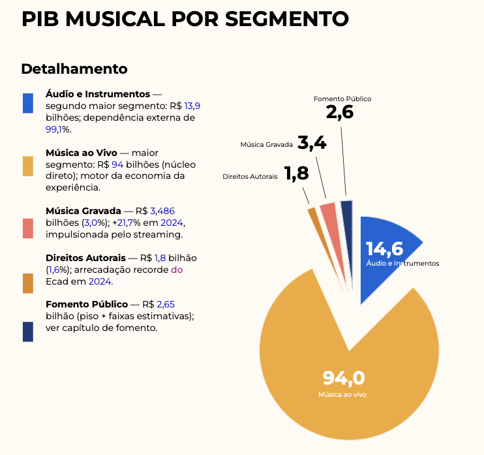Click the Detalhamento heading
[x=74, y=69]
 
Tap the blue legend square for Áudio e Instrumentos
[x=28, y=103]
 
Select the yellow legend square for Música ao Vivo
[x=28, y=166]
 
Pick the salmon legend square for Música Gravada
[x=28, y=228]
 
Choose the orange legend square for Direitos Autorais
[x=28, y=283]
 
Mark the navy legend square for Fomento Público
[x=28, y=332]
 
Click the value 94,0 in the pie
[x=344, y=378]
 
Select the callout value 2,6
[x=340, y=112]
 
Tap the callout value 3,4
[x=312, y=143]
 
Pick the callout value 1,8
[x=296, y=174]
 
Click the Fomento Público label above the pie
[x=342, y=99]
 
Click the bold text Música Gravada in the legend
[x=83, y=211]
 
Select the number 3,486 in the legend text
[x=162, y=211]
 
